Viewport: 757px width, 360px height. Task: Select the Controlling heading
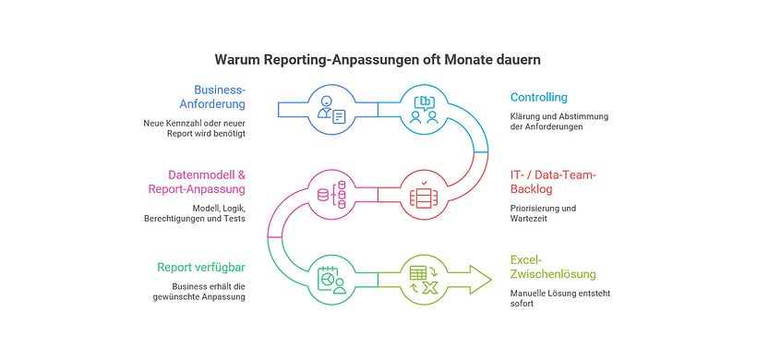pos(539,97)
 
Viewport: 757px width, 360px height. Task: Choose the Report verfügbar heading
pos(200,268)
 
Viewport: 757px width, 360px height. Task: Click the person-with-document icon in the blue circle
pos(330,110)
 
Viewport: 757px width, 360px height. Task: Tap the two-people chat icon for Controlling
pos(425,110)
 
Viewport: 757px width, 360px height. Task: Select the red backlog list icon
pos(425,197)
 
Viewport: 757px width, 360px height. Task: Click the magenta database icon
pos(330,195)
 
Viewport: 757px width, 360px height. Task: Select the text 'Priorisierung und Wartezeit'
pos(543,214)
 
